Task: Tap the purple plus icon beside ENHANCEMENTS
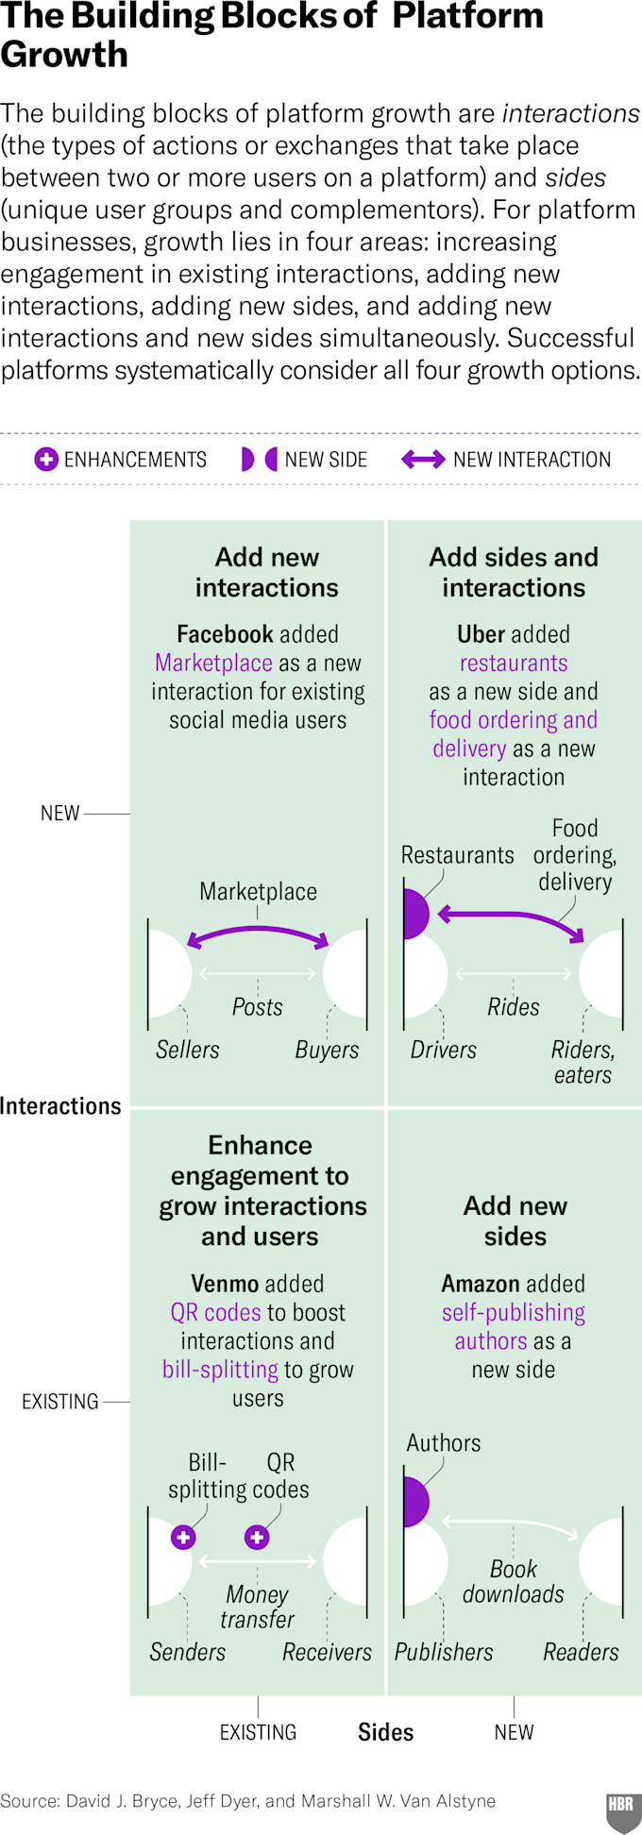[45, 460]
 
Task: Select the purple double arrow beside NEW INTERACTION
[423, 460]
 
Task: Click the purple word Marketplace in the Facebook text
[213, 663]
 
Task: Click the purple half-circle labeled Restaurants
[414, 914]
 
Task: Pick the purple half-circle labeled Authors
[414, 1503]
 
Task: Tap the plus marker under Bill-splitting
[183, 1537]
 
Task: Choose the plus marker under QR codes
[257, 1537]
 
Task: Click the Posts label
[258, 1007]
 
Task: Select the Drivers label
[443, 1050]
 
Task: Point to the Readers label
[581, 1652]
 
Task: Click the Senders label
[188, 1652]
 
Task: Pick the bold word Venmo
[225, 1284]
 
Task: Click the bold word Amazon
[477, 1284]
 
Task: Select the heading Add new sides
[515, 1221]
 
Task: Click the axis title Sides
[385, 1732]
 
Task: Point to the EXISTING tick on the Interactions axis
[60, 1402]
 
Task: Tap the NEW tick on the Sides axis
[514, 1732]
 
